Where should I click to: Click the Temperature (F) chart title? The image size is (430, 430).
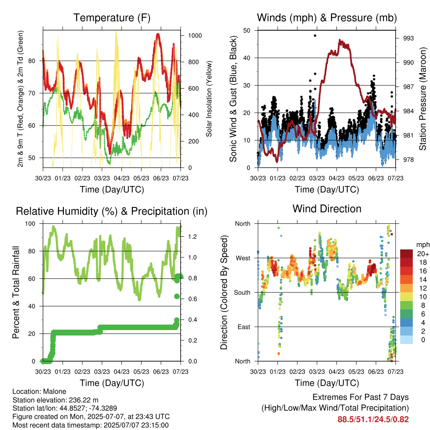[112, 18]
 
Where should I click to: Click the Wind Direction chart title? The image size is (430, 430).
[327, 209]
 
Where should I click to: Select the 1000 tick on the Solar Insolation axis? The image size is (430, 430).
[195, 36]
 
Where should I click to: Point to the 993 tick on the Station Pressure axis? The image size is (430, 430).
[408, 38]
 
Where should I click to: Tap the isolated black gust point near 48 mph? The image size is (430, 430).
[315, 36]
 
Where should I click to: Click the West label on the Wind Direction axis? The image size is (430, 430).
[243, 258]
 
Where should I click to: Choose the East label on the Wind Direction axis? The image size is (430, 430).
[244, 327]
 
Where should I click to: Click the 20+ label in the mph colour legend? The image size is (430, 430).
[423, 254]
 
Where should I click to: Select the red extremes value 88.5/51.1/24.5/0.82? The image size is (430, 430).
[373, 420]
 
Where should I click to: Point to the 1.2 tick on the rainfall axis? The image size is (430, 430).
[192, 237]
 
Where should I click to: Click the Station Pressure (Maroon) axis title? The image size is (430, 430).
[422, 99]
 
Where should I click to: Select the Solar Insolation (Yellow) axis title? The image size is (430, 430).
[209, 99]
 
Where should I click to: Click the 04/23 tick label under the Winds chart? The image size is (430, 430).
[336, 178]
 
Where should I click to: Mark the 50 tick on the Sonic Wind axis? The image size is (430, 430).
[247, 30]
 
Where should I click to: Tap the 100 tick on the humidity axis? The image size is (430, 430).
[30, 224]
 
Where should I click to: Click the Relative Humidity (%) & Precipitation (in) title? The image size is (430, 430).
[112, 212]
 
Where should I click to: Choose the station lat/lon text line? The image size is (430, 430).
[65, 408]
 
